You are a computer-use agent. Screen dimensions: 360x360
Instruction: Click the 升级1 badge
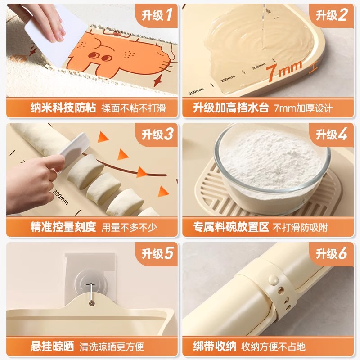(x=157, y=15)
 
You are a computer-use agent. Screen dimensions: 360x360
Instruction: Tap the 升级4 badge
(x=331, y=134)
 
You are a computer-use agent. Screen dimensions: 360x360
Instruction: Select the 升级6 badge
(x=331, y=254)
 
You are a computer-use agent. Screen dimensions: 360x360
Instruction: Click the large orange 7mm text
(x=284, y=71)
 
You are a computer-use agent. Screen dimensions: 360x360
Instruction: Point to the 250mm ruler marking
(x=228, y=79)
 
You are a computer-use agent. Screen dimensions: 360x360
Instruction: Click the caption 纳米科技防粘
(x=63, y=108)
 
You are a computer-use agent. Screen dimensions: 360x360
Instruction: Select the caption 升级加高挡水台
(x=231, y=108)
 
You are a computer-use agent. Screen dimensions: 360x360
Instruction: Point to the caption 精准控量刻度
(x=63, y=227)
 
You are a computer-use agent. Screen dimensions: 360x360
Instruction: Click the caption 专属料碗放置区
(x=231, y=227)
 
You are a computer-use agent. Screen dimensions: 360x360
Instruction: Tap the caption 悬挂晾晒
(x=52, y=346)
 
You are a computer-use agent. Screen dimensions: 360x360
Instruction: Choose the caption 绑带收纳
(x=214, y=346)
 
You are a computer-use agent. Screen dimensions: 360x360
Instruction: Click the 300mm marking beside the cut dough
(x=61, y=197)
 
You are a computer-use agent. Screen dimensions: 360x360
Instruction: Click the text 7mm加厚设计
(x=303, y=108)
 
